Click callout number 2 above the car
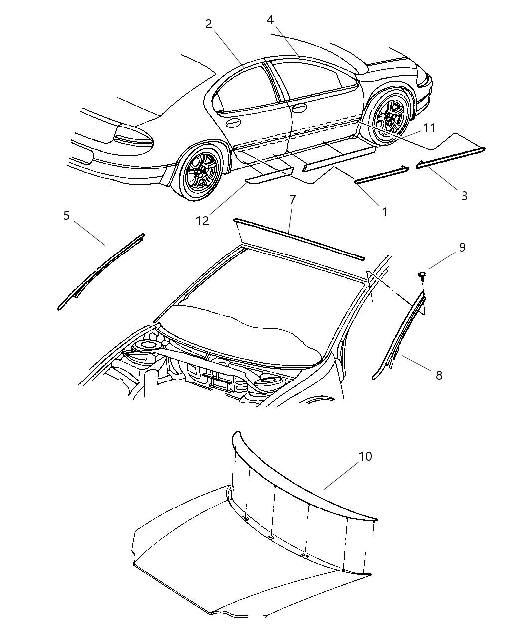[209, 24]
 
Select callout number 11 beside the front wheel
[429, 128]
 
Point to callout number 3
[464, 196]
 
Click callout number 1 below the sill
[384, 211]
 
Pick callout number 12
[202, 221]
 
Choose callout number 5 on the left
[67, 215]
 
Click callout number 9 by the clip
[462, 247]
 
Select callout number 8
[439, 375]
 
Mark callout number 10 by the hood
[365, 456]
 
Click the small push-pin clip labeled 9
[422, 274]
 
